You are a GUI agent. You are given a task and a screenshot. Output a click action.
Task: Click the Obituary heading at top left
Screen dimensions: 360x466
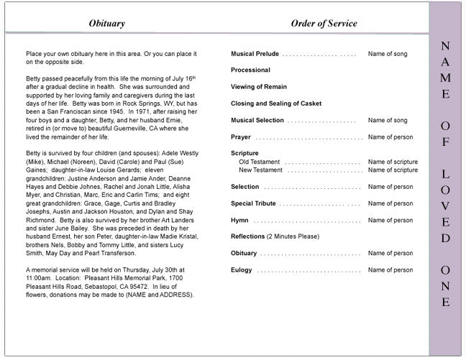[x=106, y=24]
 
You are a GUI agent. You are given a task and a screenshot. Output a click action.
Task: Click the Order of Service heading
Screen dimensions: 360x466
[x=324, y=24]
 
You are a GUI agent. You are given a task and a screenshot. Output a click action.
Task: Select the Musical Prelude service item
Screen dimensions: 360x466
[x=255, y=54]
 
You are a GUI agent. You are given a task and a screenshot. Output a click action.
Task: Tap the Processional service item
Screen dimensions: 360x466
[x=250, y=70]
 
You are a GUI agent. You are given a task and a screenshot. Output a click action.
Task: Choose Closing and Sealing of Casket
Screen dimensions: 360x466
[x=275, y=103]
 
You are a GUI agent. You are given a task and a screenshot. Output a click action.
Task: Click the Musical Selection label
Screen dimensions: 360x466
[x=257, y=120]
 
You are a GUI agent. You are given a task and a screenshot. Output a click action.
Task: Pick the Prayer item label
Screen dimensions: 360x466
[x=241, y=137]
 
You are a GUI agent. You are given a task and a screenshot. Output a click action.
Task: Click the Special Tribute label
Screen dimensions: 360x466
[x=253, y=203]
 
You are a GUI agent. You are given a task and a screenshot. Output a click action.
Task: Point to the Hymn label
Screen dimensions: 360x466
[x=240, y=220]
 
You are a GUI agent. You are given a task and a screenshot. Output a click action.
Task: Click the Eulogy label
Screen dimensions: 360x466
[x=242, y=270]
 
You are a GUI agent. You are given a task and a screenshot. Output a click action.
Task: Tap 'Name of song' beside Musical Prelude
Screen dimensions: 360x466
[x=388, y=54]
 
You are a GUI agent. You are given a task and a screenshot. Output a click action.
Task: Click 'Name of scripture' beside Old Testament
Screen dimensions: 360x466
[x=393, y=162]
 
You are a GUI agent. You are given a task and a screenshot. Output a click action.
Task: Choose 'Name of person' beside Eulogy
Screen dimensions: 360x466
[x=390, y=270]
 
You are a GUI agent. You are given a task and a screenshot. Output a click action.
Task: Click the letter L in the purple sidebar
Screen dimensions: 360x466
[x=446, y=175]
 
